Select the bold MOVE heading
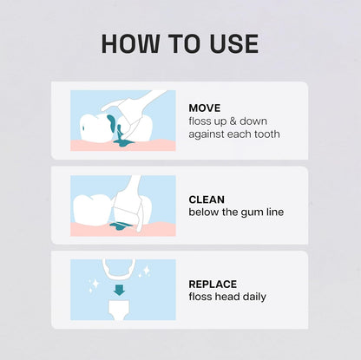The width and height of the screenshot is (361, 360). [204, 108]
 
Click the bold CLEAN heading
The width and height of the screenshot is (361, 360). [207, 199]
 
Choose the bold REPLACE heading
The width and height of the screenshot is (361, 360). [213, 284]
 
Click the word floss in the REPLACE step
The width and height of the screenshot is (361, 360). [200, 297]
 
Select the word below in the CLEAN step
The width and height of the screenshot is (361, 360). [203, 212]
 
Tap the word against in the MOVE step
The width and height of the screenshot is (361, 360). [207, 134]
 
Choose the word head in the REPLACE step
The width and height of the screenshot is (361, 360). [226, 297]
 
